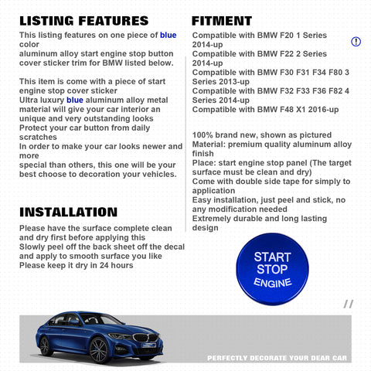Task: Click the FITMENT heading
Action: tap(222, 21)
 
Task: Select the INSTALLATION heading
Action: tap(68, 212)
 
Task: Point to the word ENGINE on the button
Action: tap(273, 284)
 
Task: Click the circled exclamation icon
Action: tap(356, 41)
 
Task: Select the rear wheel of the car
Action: tap(47, 345)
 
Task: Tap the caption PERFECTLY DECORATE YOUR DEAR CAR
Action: tap(278, 358)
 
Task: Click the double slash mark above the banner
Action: tap(348, 305)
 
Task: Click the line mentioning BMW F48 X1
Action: tap(264, 110)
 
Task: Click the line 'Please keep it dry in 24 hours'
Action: tap(76, 265)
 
